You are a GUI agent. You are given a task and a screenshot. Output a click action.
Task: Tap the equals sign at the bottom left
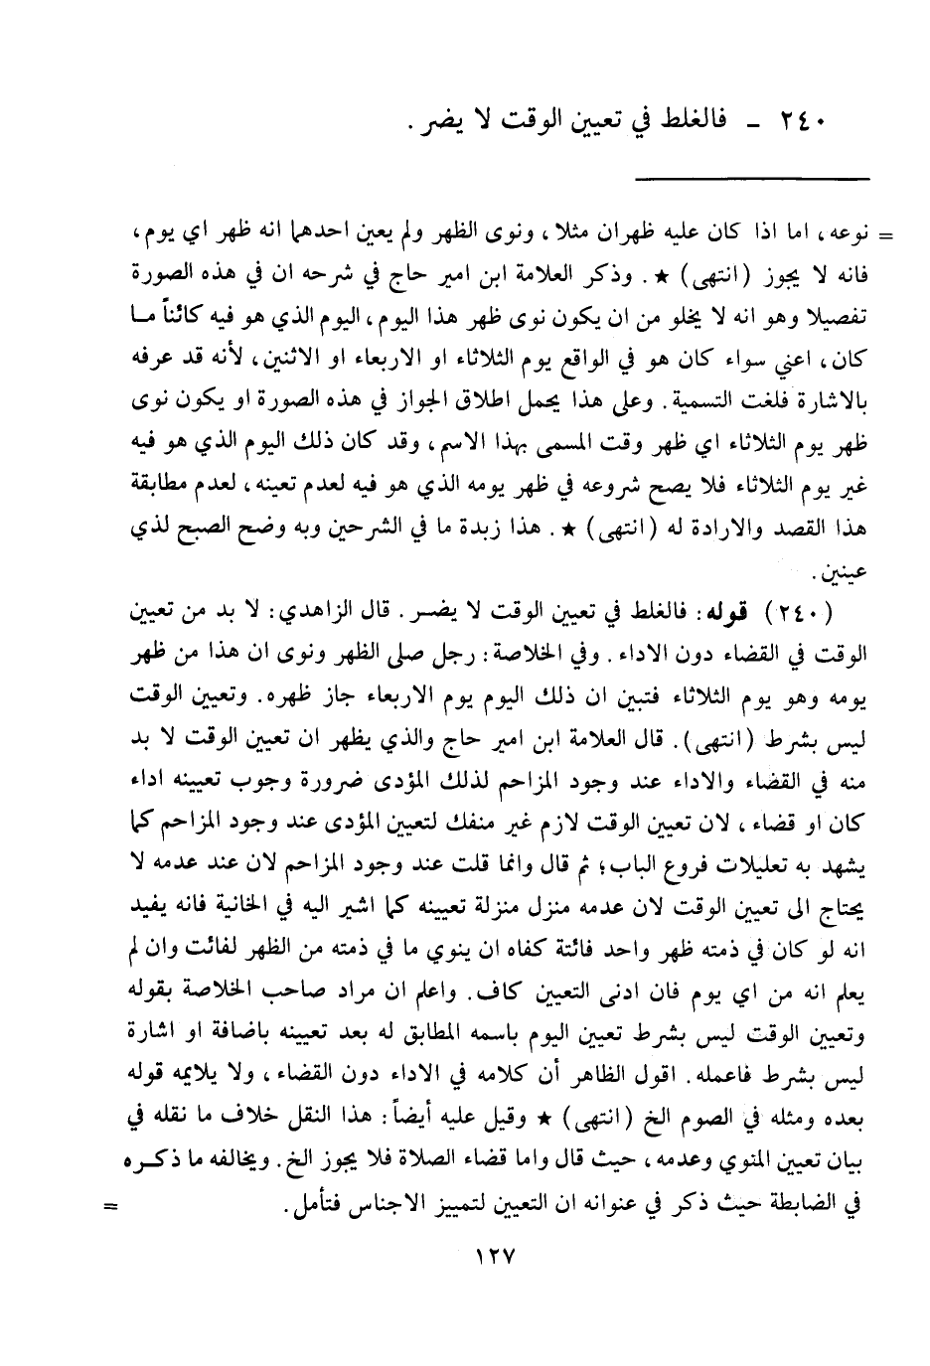tap(111, 1208)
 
